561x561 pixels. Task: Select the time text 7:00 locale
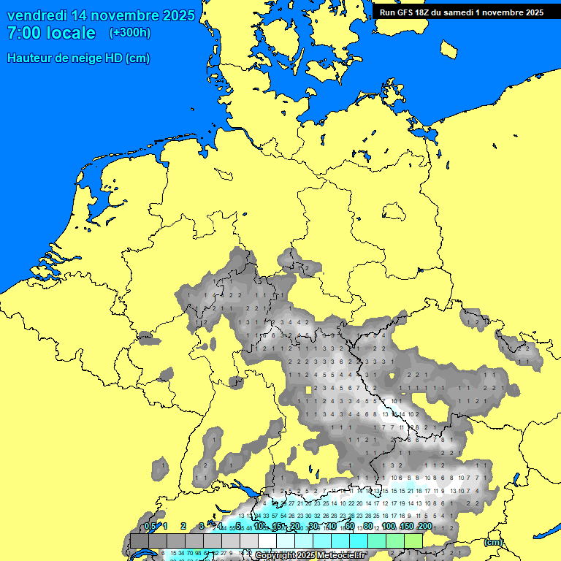[51, 33]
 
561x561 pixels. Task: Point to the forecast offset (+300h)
[130, 33]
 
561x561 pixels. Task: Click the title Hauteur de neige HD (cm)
[78, 58]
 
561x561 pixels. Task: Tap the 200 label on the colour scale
[424, 527]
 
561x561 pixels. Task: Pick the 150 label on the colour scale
[407, 527]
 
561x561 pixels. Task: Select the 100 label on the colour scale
[389, 527]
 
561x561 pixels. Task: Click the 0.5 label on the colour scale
[150, 527]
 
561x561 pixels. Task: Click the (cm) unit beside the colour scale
[493, 542]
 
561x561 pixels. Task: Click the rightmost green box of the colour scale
[413, 541]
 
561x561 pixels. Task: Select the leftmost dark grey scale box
[140, 541]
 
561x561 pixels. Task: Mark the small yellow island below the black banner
[451, 48]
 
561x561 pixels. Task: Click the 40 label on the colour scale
[331, 527]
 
